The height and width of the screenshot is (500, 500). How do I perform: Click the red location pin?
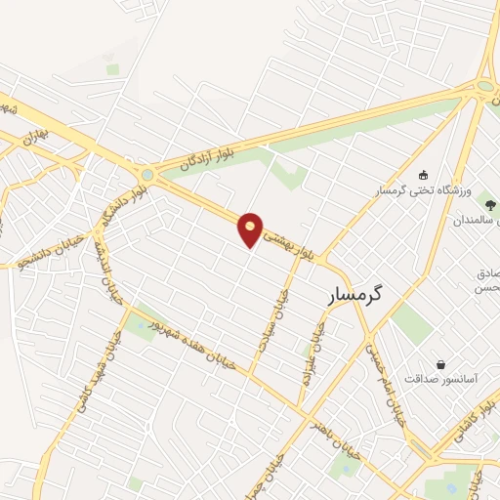(x=251, y=229)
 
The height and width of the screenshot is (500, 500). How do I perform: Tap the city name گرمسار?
(x=354, y=292)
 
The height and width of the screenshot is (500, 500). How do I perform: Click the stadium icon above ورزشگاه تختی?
(x=422, y=172)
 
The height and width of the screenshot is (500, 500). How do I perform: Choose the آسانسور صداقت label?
(x=440, y=378)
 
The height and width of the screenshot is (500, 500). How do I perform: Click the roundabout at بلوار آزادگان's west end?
(x=147, y=175)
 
